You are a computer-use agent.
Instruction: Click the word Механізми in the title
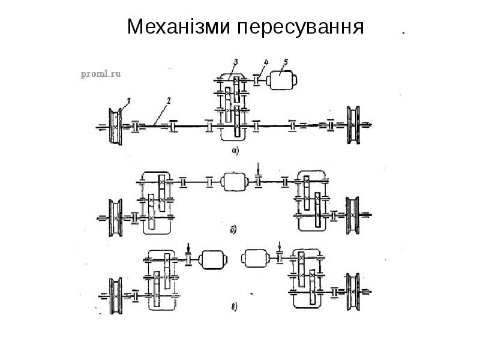178,27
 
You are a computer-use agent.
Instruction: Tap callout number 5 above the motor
286,61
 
